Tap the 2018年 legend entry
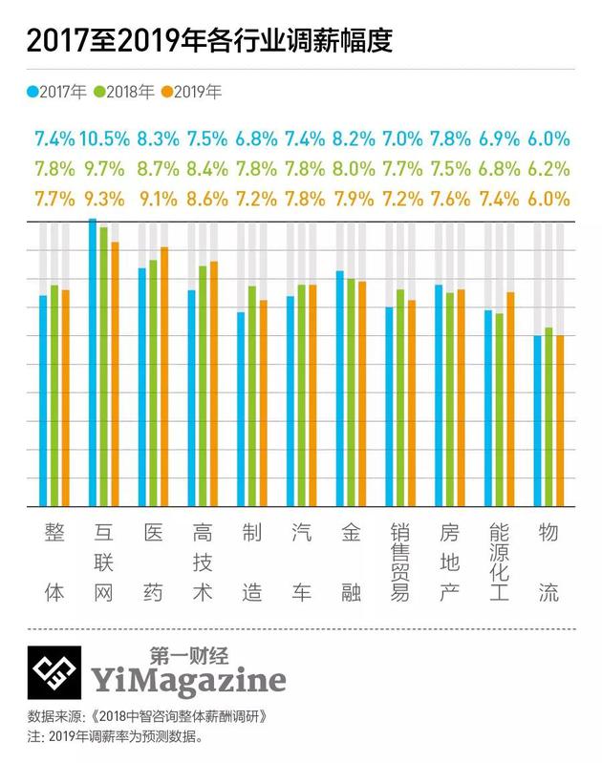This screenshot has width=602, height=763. coord(121,93)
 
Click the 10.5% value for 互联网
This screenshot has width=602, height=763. coord(104,138)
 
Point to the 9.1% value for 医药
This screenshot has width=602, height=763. coord(160,200)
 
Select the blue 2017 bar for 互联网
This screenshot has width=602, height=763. coord(93,363)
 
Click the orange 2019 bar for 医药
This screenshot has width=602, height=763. coord(164,376)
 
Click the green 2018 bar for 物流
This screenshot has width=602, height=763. coord(548,416)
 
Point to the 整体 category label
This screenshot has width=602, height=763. coord(54,562)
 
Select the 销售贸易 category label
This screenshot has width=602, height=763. coord(400,562)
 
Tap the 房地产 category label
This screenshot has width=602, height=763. coord(449,562)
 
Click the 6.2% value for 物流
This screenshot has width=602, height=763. coord(548,169)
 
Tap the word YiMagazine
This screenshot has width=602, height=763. coord(188,680)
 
